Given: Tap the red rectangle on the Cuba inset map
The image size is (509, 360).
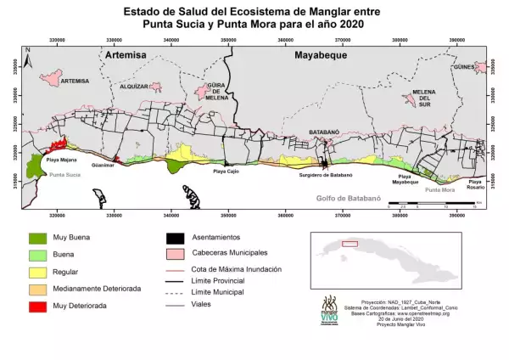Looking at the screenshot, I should point(350,244).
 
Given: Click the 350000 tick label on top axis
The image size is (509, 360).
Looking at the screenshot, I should point(228,39).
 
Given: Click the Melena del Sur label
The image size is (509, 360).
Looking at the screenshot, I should point(423,97).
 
